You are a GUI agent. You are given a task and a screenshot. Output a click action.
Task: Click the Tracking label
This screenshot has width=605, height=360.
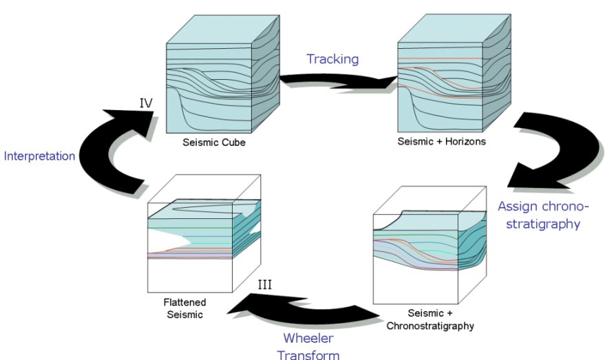(332, 59)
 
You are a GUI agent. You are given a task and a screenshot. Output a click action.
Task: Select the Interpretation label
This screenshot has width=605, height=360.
(39, 156)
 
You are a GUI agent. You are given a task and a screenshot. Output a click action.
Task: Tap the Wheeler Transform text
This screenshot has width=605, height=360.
(308, 346)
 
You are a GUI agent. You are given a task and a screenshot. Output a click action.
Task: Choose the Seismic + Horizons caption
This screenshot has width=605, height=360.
(442, 142)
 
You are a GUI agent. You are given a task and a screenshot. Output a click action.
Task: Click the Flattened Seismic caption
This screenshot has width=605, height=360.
(185, 308)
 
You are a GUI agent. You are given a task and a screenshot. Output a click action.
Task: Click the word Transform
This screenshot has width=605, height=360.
(308, 354)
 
